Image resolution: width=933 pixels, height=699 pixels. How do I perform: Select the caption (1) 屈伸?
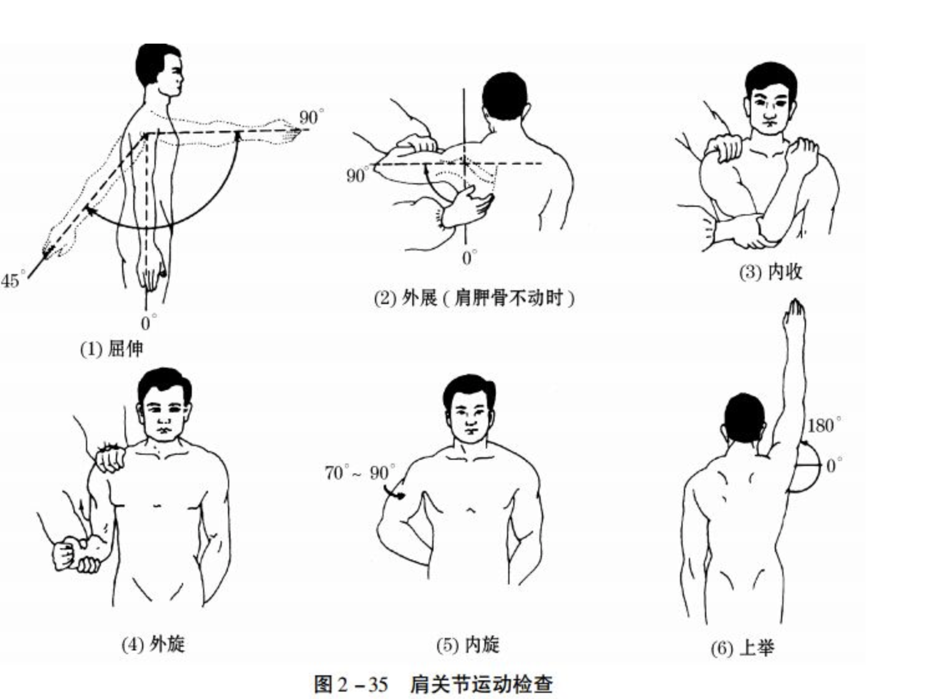point(111,348)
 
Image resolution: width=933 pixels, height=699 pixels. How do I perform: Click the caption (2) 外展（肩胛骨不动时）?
point(474,298)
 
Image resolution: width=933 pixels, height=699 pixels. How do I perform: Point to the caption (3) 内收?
point(770,272)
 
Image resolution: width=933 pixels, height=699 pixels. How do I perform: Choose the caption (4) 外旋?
point(153,644)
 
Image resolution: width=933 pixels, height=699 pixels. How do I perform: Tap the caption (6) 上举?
point(742,648)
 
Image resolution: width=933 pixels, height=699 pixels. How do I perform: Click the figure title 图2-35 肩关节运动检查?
point(433,683)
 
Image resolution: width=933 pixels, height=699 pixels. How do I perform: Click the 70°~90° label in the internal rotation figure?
point(359,473)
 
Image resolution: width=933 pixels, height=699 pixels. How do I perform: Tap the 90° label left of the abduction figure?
point(357,175)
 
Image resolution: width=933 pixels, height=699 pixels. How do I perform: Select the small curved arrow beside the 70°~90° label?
point(394,494)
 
